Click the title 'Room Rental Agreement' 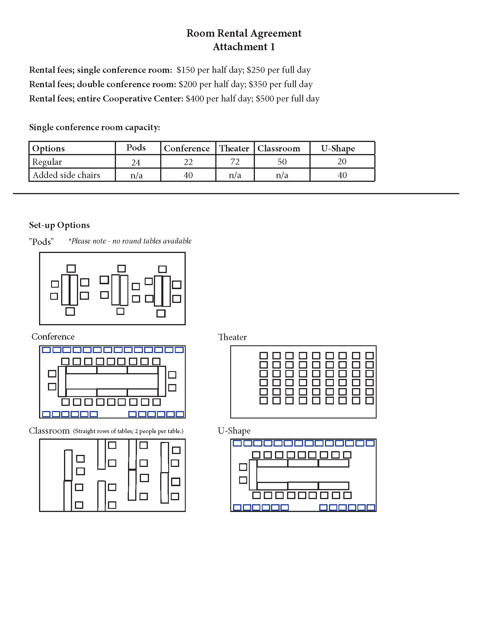click(244, 33)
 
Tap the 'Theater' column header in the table click(234, 149)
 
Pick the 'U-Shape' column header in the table click(338, 149)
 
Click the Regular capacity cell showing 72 click(235, 162)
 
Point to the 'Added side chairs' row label click(67, 175)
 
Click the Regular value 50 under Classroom click(282, 162)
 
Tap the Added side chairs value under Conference click(188, 175)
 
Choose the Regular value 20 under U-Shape click(342, 162)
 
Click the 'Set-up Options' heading click(59, 225)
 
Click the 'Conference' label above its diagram click(53, 337)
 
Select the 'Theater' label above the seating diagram click(233, 337)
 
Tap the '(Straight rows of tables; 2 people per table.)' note click(128, 431)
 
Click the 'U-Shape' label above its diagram click(234, 431)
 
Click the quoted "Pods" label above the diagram click(41, 242)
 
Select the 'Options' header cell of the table click(48, 149)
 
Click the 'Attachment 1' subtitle click(244, 47)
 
